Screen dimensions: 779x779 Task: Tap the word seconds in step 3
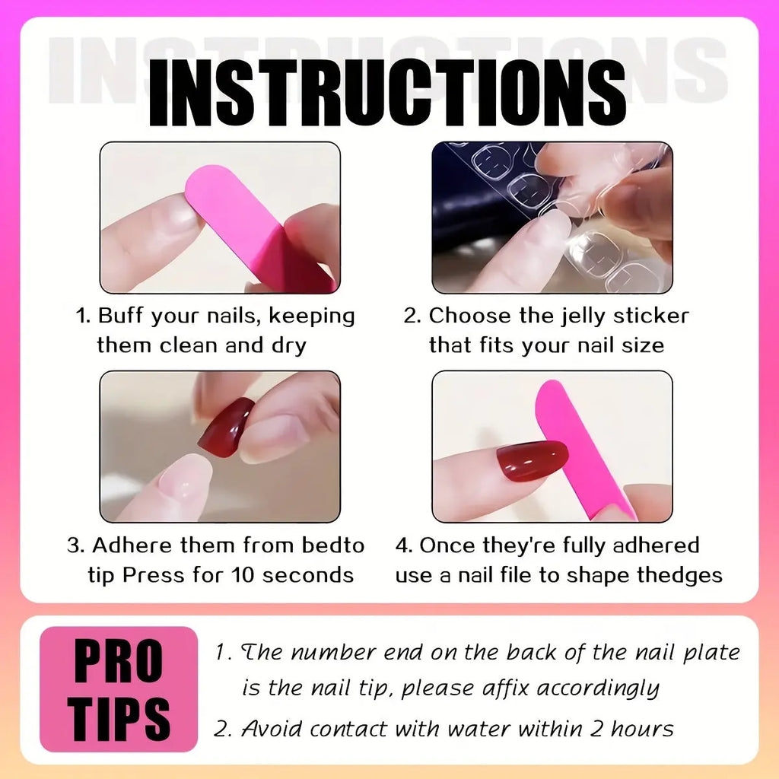[309, 574]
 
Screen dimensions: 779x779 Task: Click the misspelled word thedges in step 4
[679, 574]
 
